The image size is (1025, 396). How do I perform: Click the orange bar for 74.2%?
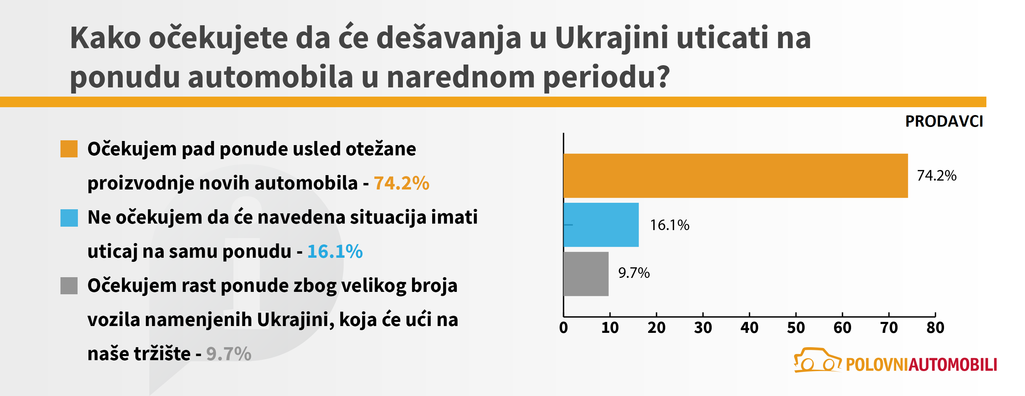(735, 176)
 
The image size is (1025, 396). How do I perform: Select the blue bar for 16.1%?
(601, 225)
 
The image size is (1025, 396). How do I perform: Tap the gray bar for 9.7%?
(586, 273)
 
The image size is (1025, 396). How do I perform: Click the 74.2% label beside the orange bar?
(936, 176)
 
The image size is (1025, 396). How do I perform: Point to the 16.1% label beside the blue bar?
(669, 225)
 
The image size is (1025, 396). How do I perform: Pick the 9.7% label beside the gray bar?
(633, 273)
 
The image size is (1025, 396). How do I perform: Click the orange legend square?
(69, 149)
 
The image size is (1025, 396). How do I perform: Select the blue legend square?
(69, 218)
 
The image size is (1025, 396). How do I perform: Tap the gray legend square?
(69, 286)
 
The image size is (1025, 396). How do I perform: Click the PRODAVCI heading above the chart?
(944, 121)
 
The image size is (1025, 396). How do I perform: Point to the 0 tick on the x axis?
(563, 328)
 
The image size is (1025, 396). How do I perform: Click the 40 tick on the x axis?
(749, 328)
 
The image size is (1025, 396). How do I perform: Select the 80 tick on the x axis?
(935, 328)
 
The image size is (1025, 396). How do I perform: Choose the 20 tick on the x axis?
(656, 328)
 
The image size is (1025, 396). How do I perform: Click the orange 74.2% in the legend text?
(401, 183)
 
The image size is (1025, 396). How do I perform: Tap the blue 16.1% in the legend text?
(334, 252)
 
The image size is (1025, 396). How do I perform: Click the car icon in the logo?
(817, 360)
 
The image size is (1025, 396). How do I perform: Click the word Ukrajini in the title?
(611, 39)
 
